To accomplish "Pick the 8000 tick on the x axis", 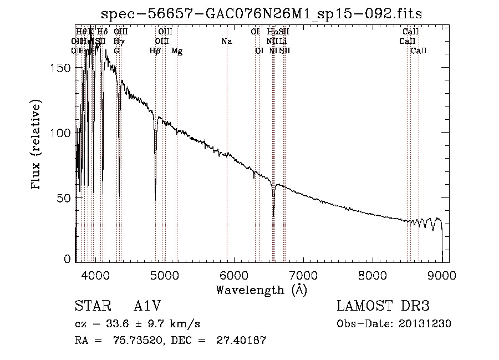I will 373,275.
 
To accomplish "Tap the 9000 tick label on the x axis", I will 442,275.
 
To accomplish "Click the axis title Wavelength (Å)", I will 261,289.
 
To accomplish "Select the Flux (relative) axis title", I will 37,145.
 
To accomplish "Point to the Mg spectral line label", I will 177,51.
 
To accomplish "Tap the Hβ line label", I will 155,51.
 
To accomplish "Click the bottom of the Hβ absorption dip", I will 155,200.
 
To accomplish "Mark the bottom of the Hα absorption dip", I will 273,215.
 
